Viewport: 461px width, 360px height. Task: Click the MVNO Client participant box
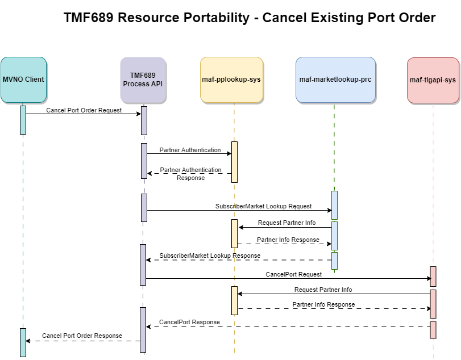23,79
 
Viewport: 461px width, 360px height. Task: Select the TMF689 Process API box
143,79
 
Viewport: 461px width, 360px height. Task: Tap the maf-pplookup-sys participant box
231,79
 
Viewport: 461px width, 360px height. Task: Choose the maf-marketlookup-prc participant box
335,79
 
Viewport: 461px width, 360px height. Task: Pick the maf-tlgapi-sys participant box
433,80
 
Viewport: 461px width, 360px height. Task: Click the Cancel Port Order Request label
84,110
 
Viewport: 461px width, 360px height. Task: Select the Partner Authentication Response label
190,174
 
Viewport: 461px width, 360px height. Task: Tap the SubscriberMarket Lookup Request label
263,206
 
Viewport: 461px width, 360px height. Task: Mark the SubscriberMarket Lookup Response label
210,256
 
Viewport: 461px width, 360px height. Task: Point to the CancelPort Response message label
189,322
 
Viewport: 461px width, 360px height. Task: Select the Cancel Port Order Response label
82,336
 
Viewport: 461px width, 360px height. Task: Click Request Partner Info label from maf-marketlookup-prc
286,223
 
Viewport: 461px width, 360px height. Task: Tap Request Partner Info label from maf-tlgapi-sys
323,290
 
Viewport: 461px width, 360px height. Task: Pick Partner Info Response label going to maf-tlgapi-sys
323,304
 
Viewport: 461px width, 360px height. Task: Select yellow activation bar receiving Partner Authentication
234,162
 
